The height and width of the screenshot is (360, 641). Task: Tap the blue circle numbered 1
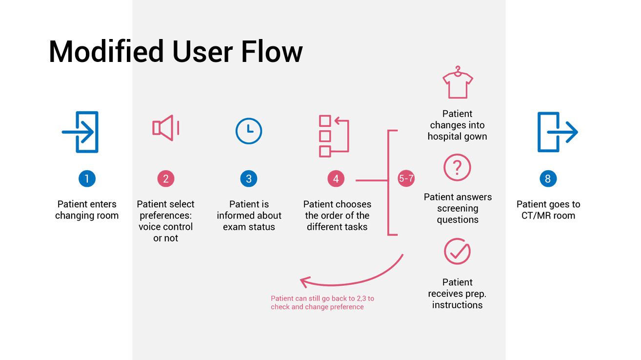[87, 179]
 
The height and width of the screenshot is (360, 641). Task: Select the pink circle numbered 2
[166, 179]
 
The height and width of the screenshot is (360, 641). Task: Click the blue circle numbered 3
[249, 179]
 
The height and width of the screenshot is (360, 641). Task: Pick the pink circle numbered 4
[336, 179]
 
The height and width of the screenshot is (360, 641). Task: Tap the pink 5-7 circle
[406, 179]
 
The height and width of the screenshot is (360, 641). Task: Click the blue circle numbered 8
[548, 179]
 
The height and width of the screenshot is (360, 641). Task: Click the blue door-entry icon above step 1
[81, 132]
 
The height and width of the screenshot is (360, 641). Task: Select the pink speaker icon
[165, 128]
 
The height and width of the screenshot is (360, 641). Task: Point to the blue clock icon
[249, 131]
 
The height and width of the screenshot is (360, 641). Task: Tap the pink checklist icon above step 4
[334, 136]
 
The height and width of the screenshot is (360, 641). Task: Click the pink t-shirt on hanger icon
[458, 83]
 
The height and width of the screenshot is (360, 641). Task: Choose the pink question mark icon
[457, 168]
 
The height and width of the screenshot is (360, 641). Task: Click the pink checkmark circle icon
[457, 252]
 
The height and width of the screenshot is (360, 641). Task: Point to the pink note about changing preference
[322, 302]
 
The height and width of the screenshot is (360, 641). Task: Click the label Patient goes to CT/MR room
[548, 210]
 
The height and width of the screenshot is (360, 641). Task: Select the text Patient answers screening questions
[458, 208]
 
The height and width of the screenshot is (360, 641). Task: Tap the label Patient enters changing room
[87, 210]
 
